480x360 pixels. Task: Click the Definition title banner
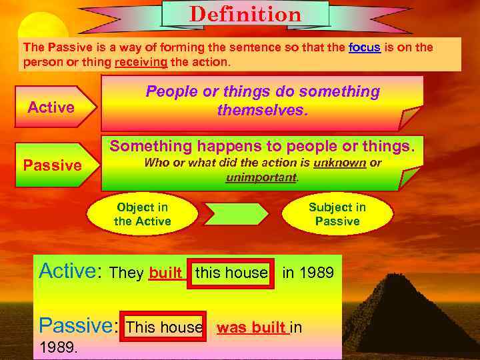tap(245, 14)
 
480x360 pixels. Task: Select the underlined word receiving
tap(141, 62)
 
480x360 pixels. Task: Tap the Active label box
tap(51, 108)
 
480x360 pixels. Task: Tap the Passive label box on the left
tap(53, 165)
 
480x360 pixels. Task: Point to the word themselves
tap(263, 110)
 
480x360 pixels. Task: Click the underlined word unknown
tap(341, 163)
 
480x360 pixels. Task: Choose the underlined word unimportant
tap(262, 177)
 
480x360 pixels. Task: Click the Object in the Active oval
tap(143, 215)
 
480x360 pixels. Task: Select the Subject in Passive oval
tap(337, 215)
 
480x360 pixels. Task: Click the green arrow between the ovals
tap(237, 214)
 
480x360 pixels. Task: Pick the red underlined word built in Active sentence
tap(166, 273)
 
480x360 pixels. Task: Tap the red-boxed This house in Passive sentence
tap(163, 327)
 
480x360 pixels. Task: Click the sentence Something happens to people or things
tap(266, 145)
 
